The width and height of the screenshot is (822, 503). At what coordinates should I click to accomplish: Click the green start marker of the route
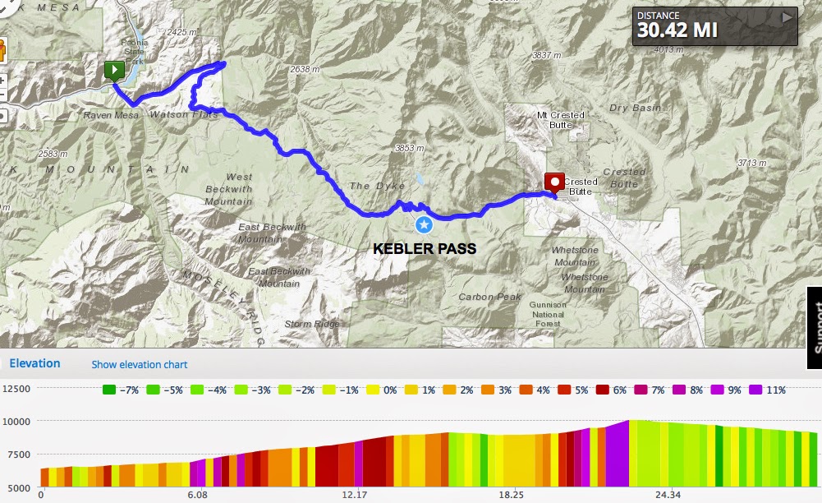[113, 71]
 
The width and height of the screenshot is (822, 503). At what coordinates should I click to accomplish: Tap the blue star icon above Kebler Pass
[424, 224]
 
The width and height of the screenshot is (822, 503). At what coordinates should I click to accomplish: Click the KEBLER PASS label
[424, 248]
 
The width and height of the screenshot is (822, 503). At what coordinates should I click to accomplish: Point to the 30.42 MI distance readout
[676, 30]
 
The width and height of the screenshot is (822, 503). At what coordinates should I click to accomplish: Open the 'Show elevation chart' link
[139, 364]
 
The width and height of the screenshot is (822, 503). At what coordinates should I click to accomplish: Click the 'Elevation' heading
[34, 363]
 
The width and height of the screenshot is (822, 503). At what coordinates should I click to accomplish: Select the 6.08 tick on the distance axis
[197, 495]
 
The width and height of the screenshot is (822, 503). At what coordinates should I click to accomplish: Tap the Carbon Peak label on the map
[490, 297]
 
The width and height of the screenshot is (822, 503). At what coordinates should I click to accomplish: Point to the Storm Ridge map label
[312, 324]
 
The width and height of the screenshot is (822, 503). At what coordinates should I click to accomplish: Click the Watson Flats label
[184, 114]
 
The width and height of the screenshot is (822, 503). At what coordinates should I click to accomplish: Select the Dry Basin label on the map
[635, 108]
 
